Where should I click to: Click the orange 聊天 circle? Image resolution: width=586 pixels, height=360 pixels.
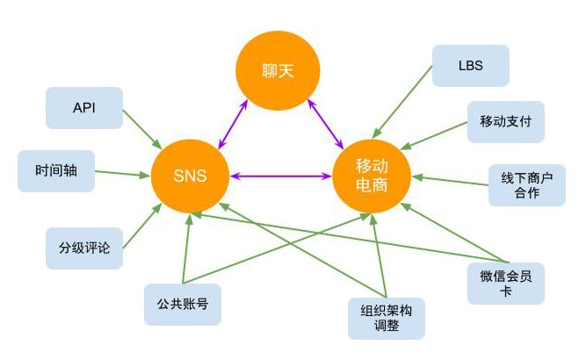pos(278,70)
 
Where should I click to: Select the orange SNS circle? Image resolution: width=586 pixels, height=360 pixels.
pos(191,176)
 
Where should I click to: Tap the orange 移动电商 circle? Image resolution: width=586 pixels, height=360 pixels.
pos(372,176)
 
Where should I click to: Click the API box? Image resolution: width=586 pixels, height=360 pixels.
pos(84,108)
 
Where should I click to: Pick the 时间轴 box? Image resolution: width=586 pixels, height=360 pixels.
pos(56,171)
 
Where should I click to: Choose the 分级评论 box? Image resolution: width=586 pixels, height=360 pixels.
pos(84,248)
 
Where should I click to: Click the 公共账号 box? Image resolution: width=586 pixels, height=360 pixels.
pos(183,305)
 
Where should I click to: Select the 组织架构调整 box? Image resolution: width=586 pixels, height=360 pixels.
pos(387,319)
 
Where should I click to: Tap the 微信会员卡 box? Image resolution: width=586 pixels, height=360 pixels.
pos(506,284)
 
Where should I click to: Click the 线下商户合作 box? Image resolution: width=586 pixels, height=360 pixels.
pos(527,185)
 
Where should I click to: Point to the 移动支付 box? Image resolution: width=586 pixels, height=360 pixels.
pos(506,122)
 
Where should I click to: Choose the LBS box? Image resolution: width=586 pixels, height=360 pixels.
pos(471,66)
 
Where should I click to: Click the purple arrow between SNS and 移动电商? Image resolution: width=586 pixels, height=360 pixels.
pos(281,176)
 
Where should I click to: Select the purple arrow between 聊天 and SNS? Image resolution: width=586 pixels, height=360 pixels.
pos(233,125)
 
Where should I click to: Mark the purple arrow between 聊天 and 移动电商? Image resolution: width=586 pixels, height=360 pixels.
pos(325,125)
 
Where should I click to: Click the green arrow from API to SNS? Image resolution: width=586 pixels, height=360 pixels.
pos(142,129)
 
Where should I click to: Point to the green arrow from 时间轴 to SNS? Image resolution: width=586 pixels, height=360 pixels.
pos(123,174)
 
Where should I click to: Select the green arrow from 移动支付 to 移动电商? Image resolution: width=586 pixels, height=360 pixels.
pos(434,136)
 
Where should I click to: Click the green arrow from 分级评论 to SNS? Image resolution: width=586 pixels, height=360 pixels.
pos(142,226)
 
